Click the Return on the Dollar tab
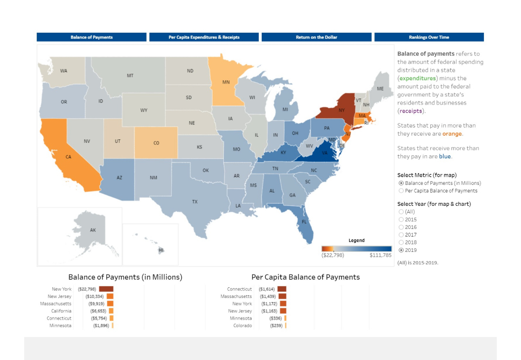pyautogui.click(x=316, y=37)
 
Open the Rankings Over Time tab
pyautogui.click(x=429, y=37)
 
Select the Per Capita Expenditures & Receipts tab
pyautogui.click(x=204, y=37)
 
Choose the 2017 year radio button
pyautogui.click(x=401, y=235)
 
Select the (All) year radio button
pyautogui.click(x=401, y=212)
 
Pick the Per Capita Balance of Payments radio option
pyautogui.click(x=401, y=191)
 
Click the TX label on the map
pyautogui.click(x=195, y=201)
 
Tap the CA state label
pyautogui.click(x=68, y=157)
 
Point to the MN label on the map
pyautogui.click(x=226, y=82)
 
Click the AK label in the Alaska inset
pyautogui.click(x=93, y=230)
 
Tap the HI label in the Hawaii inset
pyautogui.click(x=161, y=250)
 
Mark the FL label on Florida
pyautogui.click(x=304, y=222)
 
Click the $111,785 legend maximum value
pyautogui.click(x=380, y=255)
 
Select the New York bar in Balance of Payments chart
pyautogui.click(x=106, y=289)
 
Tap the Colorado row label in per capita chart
pyautogui.click(x=242, y=326)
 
